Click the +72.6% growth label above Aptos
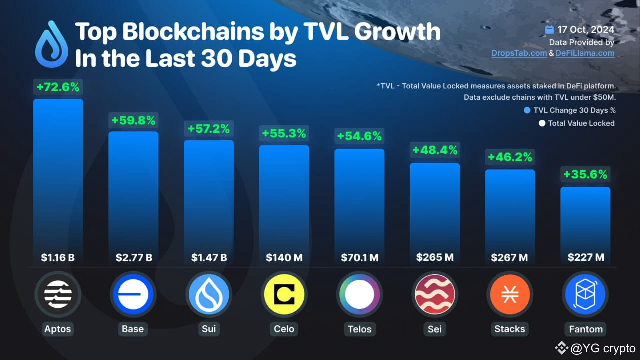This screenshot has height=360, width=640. pos(58,87)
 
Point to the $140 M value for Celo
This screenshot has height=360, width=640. pos(284,258)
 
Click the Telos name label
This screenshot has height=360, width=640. pos(359,329)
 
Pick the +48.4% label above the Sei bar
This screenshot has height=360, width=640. pos(434,150)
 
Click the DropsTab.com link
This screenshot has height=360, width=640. pos(519,53)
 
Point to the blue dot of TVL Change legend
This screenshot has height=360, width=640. pos(527,110)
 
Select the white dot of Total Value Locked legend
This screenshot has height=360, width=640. pos(541,123)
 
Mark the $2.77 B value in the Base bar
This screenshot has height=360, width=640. pos(133,258)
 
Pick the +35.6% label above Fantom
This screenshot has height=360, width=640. pos(585,174)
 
